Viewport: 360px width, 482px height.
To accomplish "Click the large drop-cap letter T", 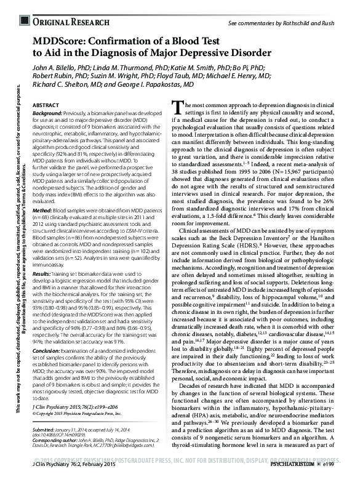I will click(177, 108).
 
